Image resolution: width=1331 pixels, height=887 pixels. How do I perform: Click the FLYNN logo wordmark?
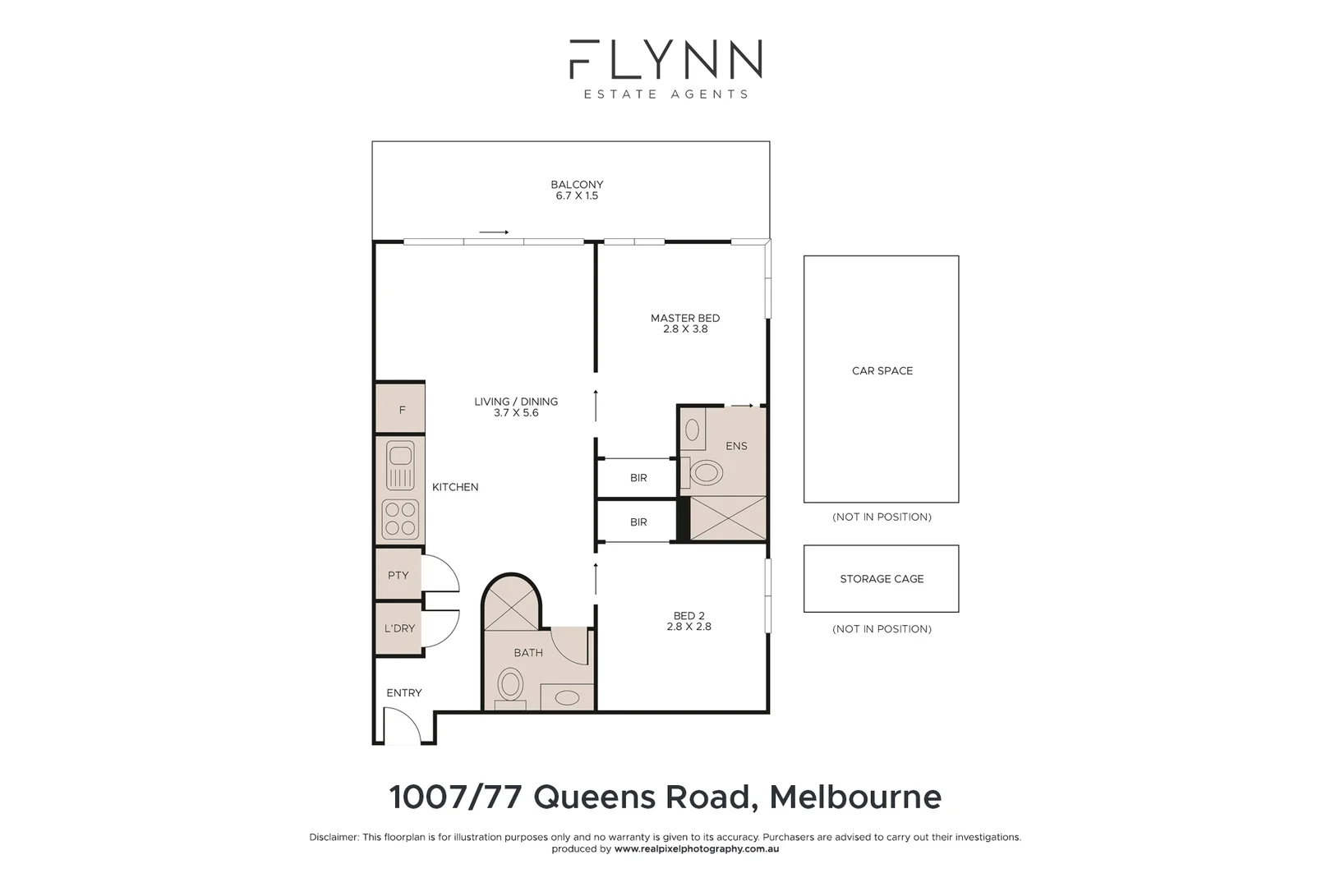[665, 59]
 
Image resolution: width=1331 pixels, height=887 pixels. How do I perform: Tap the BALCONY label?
[577, 185]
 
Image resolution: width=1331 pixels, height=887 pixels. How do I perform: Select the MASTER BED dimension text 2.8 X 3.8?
[685, 329]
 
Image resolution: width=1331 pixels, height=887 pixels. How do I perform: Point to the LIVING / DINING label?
[516, 402]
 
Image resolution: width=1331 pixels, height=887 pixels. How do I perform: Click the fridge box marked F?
[401, 409]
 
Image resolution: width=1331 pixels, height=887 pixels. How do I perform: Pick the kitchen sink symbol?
[401, 465]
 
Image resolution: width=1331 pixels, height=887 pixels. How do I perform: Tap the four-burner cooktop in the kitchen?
[401, 518]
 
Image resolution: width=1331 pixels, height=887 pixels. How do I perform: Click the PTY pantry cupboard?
[398, 575]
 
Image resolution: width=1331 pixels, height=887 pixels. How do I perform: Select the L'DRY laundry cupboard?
[399, 628]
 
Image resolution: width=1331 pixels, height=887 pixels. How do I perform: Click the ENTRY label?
[404, 693]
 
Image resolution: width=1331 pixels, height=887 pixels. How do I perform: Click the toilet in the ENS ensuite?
[706, 472]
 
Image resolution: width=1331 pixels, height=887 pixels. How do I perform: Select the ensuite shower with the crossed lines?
[727, 518]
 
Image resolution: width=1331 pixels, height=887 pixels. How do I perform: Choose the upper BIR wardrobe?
[638, 477]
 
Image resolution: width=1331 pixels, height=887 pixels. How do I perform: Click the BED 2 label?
[689, 616]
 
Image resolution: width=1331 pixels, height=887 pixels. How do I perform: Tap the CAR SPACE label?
[882, 371]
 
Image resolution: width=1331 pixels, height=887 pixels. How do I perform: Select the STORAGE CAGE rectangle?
[882, 579]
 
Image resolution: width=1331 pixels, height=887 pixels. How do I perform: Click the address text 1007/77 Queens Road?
[570, 797]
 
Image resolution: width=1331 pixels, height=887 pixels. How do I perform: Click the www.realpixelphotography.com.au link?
[697, 849]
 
